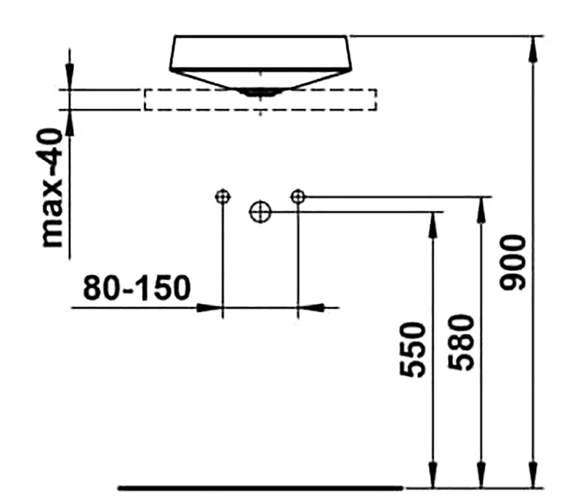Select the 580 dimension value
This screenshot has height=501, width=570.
(x=461, y=342)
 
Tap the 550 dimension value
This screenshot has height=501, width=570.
(x=412, y=349)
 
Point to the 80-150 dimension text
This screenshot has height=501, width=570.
(x=137, y=288)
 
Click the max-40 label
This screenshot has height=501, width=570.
(x=53, y=188)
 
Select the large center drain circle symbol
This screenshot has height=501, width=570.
(x=260, y=212)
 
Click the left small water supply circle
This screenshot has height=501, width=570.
(x=222, y=196)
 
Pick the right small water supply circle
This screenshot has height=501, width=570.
(x=298, y=196)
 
